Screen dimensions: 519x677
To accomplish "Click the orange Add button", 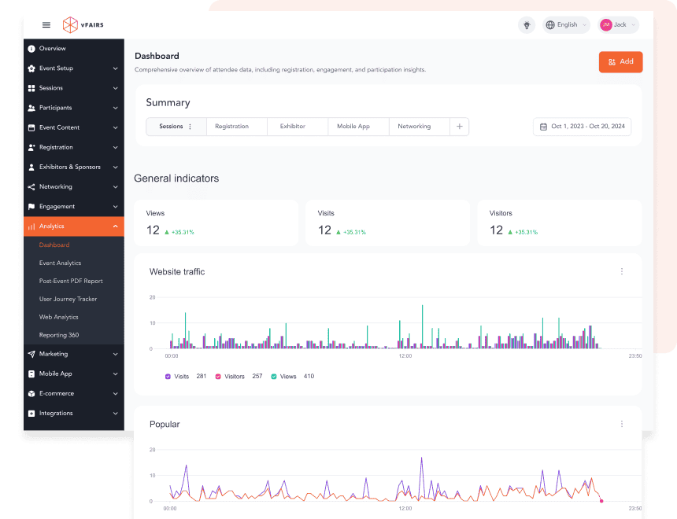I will pos(620,61).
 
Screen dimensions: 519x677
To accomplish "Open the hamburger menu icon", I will pos(46,25).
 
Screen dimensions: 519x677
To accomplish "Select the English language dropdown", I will pos(566,25).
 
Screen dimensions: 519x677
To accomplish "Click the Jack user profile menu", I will pos(618,25).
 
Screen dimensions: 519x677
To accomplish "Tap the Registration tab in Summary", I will pos(231,127).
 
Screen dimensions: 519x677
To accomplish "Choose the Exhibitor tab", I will pos(292,127).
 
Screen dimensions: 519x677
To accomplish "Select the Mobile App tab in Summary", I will pos(353,127).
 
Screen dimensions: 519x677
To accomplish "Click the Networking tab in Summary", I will pos(414,127).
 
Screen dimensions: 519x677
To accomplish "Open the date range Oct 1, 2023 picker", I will pos(582,127).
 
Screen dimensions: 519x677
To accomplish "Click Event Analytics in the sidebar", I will pos(60,263).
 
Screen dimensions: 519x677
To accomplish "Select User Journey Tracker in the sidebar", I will pos(68,299).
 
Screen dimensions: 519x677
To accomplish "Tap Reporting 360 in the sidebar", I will pos(59,335).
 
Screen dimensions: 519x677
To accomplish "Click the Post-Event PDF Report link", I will pos(71,281).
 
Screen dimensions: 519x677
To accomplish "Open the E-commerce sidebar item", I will pos(57,393).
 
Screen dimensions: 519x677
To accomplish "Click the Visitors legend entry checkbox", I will pos(218,377).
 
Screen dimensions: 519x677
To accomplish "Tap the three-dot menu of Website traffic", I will pos(621,271).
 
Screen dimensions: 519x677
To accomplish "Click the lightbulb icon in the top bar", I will pos(527,25).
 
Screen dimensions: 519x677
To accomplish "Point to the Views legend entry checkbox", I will pos(274,377).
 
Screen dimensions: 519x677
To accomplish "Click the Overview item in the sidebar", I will pos(52,49).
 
